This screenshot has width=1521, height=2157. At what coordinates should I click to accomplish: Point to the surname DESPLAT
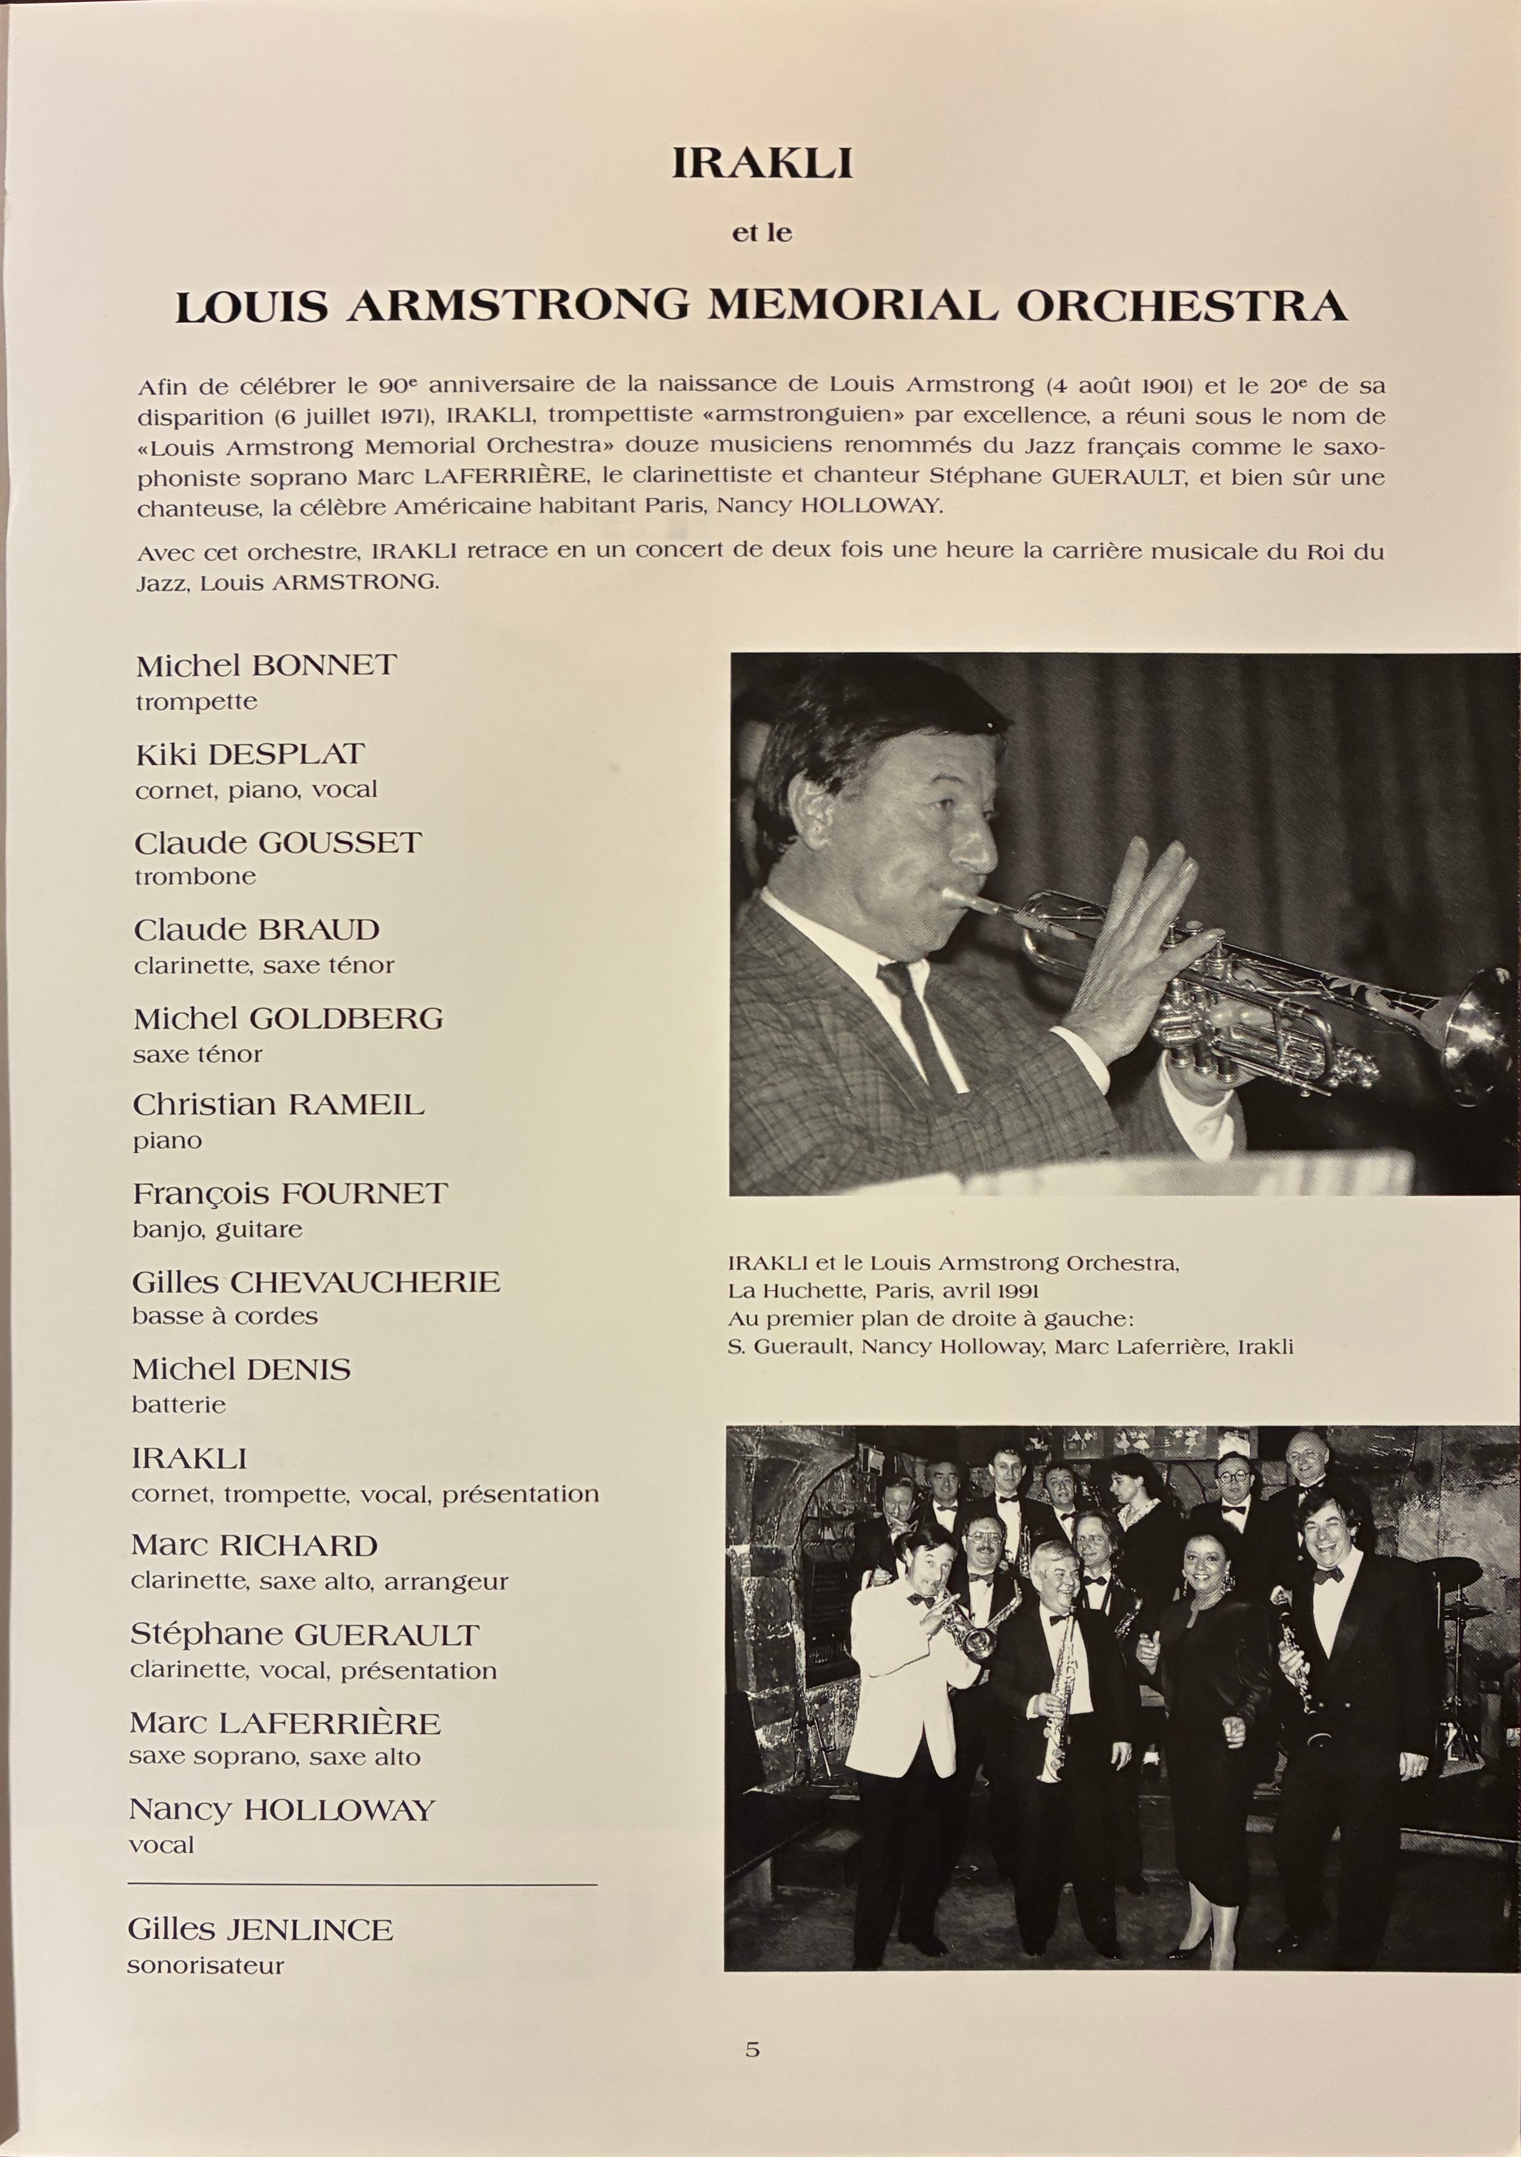tap(286, 754)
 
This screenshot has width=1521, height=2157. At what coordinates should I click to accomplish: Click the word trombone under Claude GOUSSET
tap(195, 877)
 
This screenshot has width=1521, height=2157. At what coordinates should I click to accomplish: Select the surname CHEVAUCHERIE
tap(365, 1281)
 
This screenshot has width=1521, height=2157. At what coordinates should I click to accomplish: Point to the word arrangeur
tap(448, 1581)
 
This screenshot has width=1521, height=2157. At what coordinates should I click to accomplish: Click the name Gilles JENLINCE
tap(260, 1923)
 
